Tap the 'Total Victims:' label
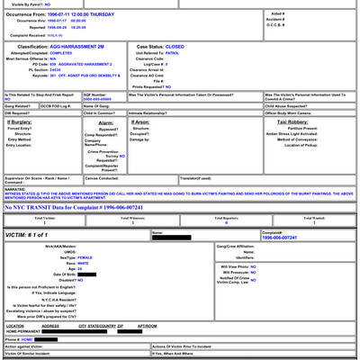coord(45,218)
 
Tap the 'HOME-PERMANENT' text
coord(24,331)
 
